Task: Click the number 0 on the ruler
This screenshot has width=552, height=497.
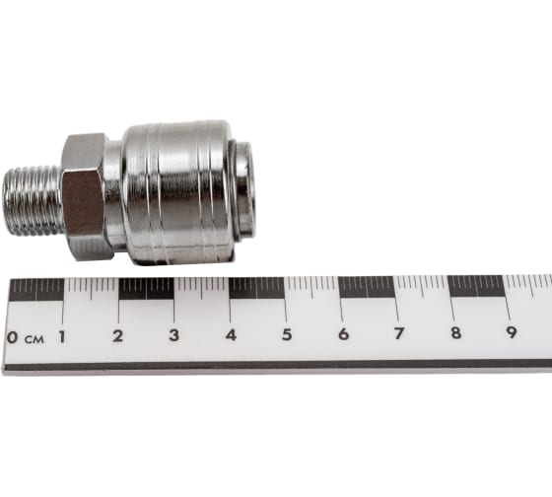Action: click(12, 337)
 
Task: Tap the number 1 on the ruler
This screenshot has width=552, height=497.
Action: click(62, 336)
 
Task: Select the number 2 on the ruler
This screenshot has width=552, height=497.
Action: click(118, 336)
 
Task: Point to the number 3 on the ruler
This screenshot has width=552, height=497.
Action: click(173, 335)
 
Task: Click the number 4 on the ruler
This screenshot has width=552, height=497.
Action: click(231, 334)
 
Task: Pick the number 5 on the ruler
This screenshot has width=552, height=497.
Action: click(287, 334)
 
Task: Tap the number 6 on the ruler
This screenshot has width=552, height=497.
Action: click(344, 333)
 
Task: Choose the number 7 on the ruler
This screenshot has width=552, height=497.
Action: click(399, 333)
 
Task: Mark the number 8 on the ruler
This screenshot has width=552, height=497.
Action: click(455, 332)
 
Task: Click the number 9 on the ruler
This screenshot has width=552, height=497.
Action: click(512, 332)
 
